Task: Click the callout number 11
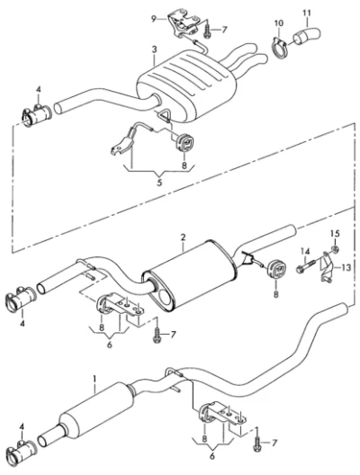(x=307, y=13)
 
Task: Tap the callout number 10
(x=279, y=23)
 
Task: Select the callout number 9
(x=154, y=20)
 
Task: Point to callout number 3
(x=155, y=49)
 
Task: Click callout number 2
(x=183, y=237)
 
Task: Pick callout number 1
(x=94, y=379)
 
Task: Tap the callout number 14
(x=305, y=251)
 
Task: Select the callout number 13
(x=346, y=267)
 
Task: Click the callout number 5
(x=159, y=183)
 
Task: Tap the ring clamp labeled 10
(x=279, y=48)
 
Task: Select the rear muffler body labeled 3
(x=186, y=86)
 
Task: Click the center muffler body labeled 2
(x=189, y=275)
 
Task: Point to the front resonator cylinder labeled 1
(x=96, y=409)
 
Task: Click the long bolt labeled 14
(x=307, y=265)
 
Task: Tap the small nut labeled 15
(x=335, y=249)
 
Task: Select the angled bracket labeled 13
(x=326, y=266)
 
